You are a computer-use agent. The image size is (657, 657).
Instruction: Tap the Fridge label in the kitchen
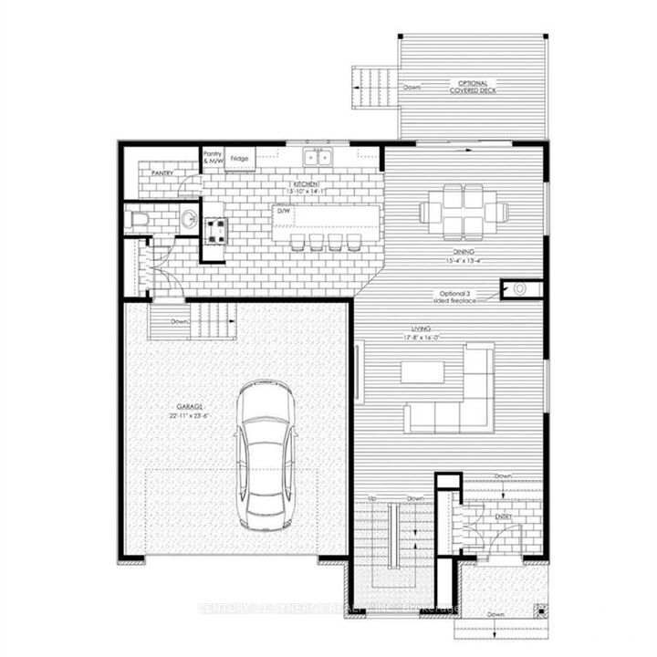pyautogui.click(x=240, y=158)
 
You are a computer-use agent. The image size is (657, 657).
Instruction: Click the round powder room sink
pyautogui.click(x=188, y=220)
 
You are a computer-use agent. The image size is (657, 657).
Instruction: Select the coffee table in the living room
pyautogui.click(x=422, y=371)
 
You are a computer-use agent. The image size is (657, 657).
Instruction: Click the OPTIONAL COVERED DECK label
pyautogui.click(x=472, y=89)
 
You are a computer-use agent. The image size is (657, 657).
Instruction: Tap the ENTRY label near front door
pyautogui.click(x=504, y=517)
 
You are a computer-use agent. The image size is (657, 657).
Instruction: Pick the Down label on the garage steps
pyautogui.click(x=179, y=321)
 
